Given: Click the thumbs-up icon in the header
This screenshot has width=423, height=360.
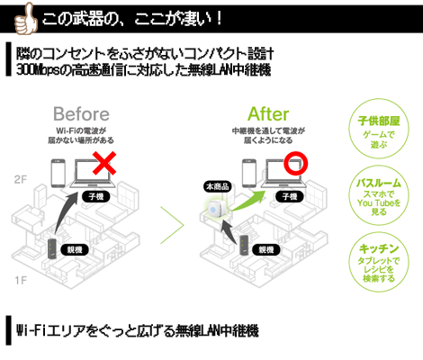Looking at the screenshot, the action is tap(26, 19).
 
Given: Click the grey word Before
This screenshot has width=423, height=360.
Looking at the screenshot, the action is tap(81, 114).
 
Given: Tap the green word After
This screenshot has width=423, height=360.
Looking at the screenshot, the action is tap(268, 114).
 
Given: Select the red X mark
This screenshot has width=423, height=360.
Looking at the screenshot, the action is tap(104, 163).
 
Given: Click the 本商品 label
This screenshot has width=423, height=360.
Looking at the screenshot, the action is tap(218, 186).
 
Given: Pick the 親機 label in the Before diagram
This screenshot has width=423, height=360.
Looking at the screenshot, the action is tap(75, 249).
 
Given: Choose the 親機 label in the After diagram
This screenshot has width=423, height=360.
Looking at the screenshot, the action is tap(266, 249).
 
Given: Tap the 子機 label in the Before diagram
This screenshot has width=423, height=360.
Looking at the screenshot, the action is tap(96, 196).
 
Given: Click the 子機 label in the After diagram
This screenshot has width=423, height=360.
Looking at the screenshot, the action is tap(290, 196).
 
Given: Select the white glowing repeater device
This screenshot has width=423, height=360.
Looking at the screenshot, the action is tap(214, 209).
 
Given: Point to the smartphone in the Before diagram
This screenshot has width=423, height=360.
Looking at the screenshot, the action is tap(58, 174).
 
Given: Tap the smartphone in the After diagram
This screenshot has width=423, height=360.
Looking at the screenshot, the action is tap(249, 174).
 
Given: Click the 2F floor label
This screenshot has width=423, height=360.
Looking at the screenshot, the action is tap(21, 179).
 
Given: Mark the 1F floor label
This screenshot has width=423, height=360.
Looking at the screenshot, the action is tap(21, 281).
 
